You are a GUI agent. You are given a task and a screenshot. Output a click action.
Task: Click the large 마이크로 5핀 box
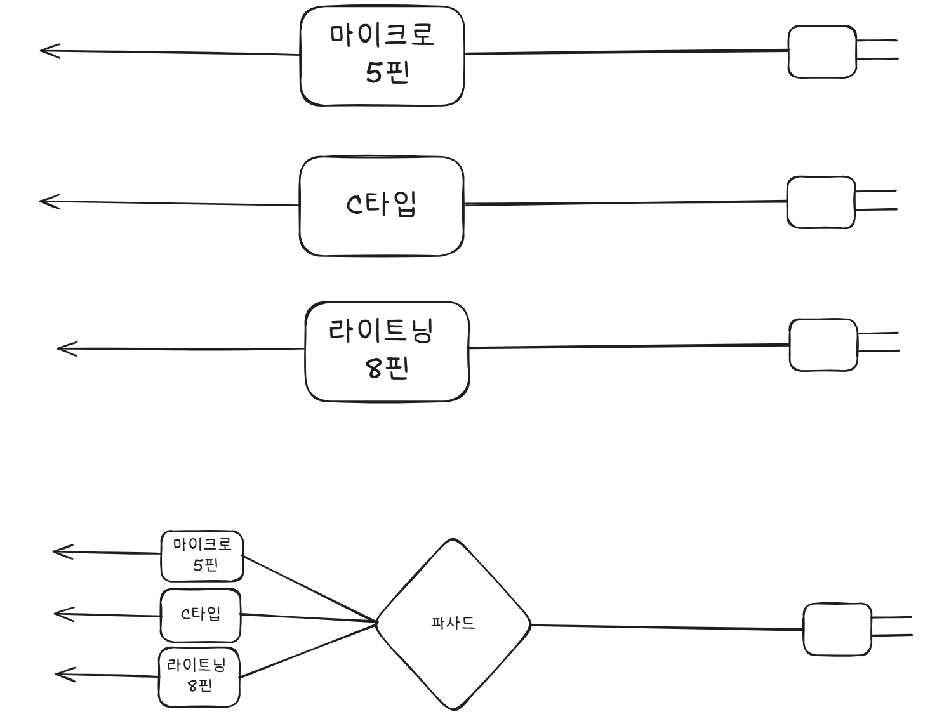tap(382, 56)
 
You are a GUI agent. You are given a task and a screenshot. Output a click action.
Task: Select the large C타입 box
tap(382, 206)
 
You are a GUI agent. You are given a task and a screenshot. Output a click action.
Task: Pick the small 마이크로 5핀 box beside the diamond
tap(202, 556)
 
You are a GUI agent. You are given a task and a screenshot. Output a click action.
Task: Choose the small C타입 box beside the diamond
tap(201, 615)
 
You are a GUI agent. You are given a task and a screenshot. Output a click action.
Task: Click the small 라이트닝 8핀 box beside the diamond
tap(199, 676)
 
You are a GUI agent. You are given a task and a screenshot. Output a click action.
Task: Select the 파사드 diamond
tap(453, 624)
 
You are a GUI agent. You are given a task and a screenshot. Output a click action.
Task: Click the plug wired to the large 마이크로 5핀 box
tap(822, 51)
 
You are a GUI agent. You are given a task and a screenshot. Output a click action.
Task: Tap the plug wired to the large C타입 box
tap(821, 202)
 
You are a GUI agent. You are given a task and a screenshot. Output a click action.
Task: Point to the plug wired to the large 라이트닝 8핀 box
tap(823, 345)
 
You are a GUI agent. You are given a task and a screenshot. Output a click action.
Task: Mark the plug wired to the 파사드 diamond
tap(837, 630)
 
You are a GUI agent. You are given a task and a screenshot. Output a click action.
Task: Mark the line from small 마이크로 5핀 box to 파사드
tap(309, 588)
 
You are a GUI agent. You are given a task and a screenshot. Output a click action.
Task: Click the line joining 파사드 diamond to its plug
tap(667, 628)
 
